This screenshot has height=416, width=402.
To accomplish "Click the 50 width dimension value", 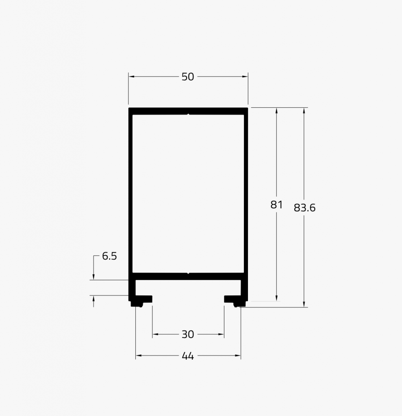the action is tap(188, 77).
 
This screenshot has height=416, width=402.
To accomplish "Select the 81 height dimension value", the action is tap(276, 205).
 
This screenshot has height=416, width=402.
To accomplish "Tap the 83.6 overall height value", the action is tap(304, 208).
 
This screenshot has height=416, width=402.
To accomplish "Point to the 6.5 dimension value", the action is tap(109, 256).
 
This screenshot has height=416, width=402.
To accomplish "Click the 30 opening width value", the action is tap(188, 335).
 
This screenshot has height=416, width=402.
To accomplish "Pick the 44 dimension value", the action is tap(188, 356).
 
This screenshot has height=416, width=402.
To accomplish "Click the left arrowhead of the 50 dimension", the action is tap(131, 77).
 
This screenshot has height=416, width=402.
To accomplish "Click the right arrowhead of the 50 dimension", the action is tap(245, 77).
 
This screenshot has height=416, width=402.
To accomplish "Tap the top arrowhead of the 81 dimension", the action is tap(276, 110).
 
